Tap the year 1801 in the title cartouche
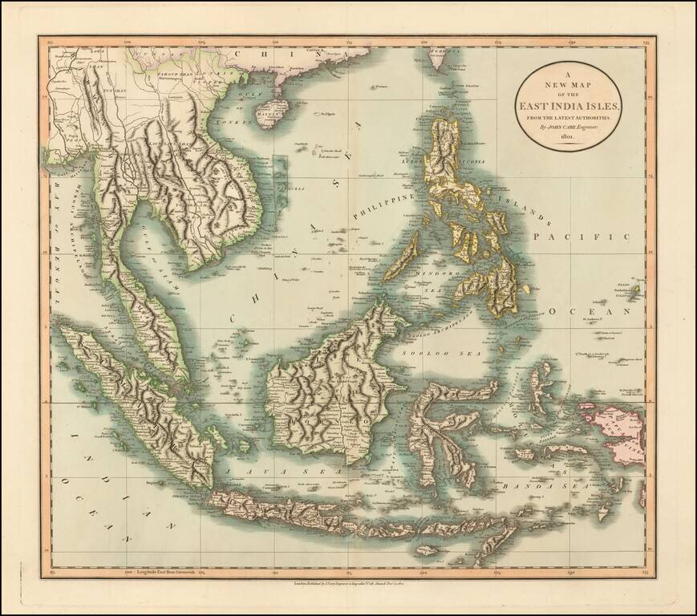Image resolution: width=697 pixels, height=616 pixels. coord(569,137)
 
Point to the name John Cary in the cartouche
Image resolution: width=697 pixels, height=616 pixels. coord(569,127)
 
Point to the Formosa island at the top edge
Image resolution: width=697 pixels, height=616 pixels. coord(437,58)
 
